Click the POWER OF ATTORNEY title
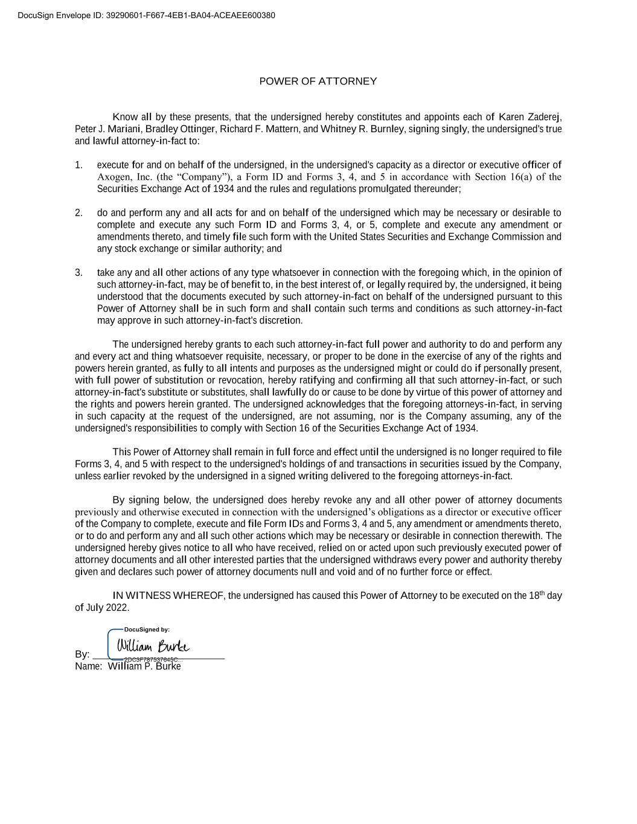(x=318, y=81)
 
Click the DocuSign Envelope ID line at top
(x=146, y=15)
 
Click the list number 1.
(x=78, y=165)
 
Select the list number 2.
(x=78, y=212)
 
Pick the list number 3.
(x=78, y=273)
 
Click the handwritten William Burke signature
(x=153, y=646)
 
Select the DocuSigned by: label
(x=147, y=630)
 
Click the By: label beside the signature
(x=82, y=654)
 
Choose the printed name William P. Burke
(x=144, y=666)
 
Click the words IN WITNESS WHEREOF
(x=168, y=596)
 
